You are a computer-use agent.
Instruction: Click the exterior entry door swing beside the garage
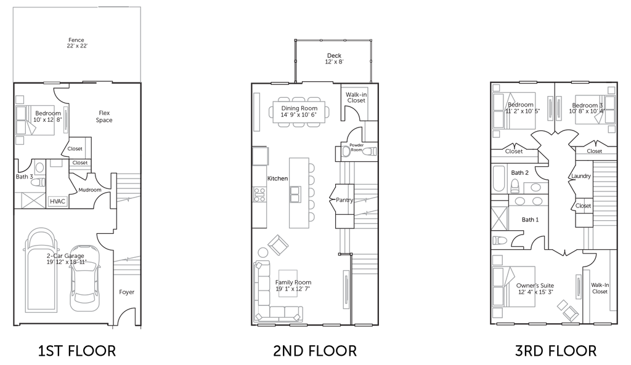pyautogui.click(x=126, y=317)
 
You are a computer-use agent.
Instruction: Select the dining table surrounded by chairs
pyautogui.click(x=299, y=112)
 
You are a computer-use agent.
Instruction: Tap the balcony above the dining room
pyautogui.click(x=333, y=59)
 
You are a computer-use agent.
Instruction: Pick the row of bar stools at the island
pyautogui.click(x=314, y=191)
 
